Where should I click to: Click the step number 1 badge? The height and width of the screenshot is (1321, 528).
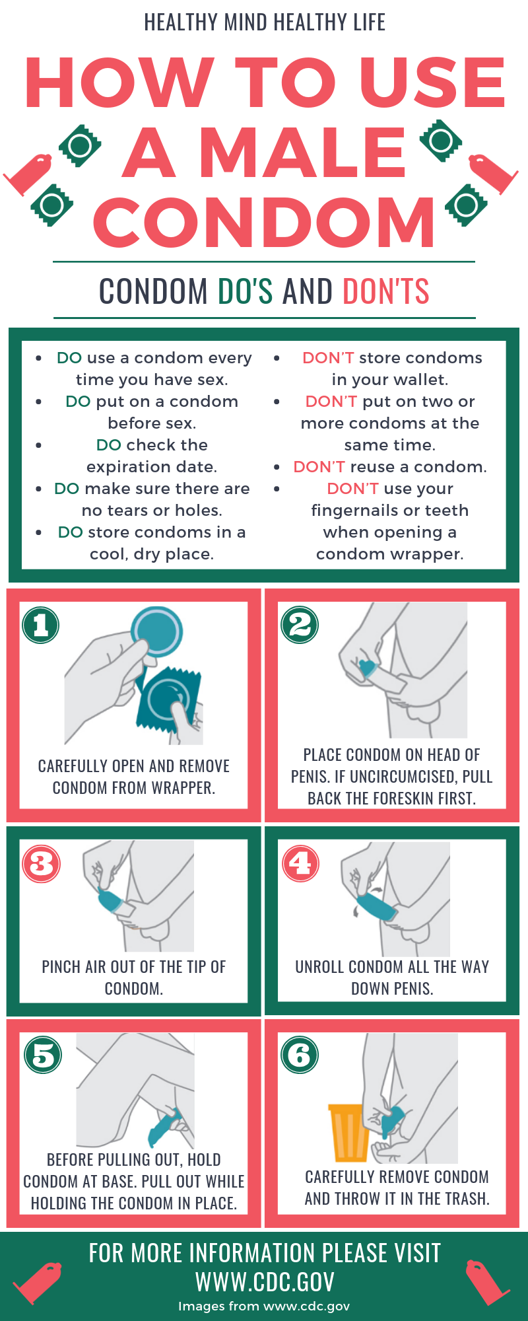pyautogui.click(x=41, y=625)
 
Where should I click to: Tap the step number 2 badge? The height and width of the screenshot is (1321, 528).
pyautogui.click(x=300, y=625)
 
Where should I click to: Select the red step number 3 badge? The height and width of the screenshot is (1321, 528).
pyautogui.click(x=42, y=863)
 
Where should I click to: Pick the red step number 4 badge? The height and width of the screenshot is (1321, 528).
pyautogui.click(x=300, y=863)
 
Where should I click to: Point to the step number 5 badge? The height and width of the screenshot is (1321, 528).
pyautogui.click(x=43, y=1055)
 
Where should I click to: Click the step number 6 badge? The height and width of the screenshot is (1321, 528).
pyautogui.click(x=300, y=1055)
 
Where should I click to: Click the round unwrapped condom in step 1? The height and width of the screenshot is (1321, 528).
pyautogui.click(x=156, y=631)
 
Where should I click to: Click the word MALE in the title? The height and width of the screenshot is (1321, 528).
pyautogui.click(x=302, y=153)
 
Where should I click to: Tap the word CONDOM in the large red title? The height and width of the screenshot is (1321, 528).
pyautogui.click(x=264, y=222)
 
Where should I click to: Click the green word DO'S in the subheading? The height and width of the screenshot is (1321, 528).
pyautogui.click(x=245, y=291)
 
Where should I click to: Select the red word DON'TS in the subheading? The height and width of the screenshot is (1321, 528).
pyautogui.click(x=386, y=291)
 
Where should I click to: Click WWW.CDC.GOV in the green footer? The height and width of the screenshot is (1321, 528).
pyautogui.click(x=265, y=1282)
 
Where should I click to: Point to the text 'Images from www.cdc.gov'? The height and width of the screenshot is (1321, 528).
pyautogui.click(x=264, y=1306)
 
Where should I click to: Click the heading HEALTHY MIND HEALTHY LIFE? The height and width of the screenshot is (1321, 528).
pyautogui.click(x=265, y=22)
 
